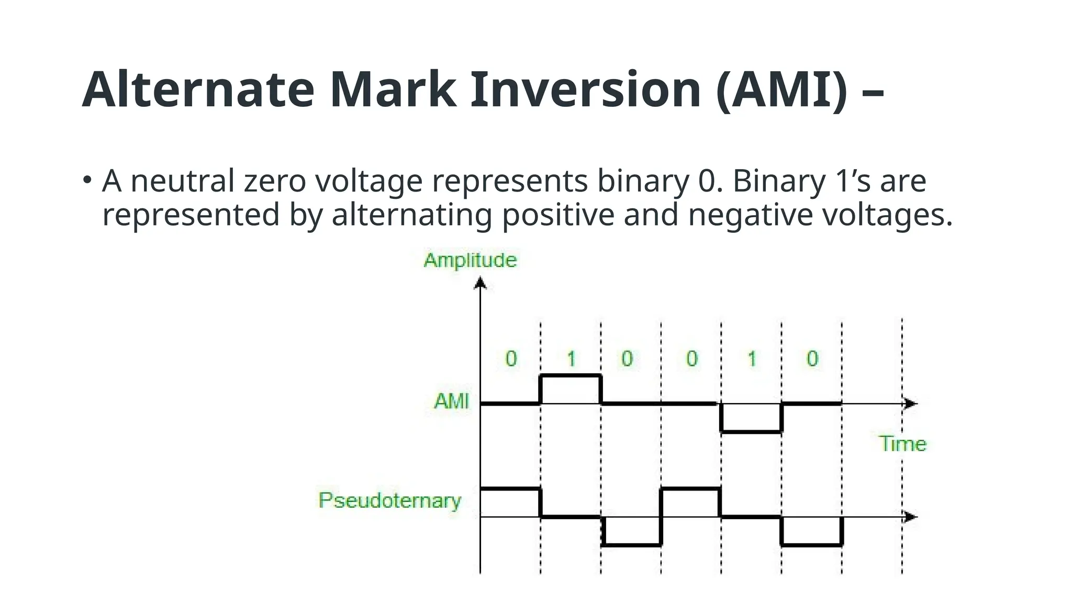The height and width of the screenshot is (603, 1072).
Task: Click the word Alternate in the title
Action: pyautogui.click(x=198, y=90)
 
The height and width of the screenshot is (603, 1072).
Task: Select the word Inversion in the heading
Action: pyautogui.click(x=585, y=90)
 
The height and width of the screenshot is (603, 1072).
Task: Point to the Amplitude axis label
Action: pyautogui.click(x=470, y=260)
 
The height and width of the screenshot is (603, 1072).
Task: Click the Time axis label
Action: pyautogui.click(x=902, y=444)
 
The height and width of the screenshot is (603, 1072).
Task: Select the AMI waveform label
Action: pyautogui.click(x=452, y=401)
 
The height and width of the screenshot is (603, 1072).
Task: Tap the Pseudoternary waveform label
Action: pyautogui.click(x=390, y=500)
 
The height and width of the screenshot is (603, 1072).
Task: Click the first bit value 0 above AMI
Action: pyautogui.click(x=511, y=359)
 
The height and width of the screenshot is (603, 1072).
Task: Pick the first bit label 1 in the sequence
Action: pyautogui.click(x=572, y=359)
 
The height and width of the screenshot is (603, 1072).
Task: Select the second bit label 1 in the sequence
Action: pyautogui.click(x=752, y=359)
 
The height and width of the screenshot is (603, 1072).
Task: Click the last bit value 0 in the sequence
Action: pyautogui.click(x=812, y=359)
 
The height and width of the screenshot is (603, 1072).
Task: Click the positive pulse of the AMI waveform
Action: pyautogui.click(x=571, y=376)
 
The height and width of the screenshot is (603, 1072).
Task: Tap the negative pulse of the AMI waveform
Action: pyautogui.click(x=751, y=431)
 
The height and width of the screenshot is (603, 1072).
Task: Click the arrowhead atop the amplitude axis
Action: pyautogui.click(x=480, y=284)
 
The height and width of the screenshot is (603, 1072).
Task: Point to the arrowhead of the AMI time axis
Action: pyautogui.click(x=911, y=404)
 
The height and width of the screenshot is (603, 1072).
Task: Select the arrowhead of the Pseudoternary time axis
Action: pyautogui.click(x=911, y=517)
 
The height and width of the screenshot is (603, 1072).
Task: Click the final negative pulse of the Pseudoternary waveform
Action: pyautogui.click(x=811, y=545)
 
